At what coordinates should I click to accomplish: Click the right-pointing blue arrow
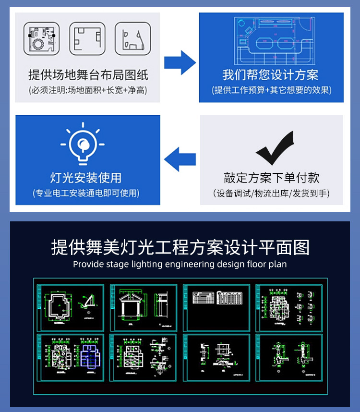tap(180, 62)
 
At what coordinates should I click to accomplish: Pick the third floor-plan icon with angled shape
tap(132, 38)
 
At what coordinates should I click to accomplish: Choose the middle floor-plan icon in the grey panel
tap(87, 38)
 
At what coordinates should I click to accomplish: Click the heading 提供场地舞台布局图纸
tap(88, 75)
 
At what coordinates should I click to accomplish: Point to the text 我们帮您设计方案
tap(271, 75)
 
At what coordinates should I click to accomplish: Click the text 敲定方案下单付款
tap(271, 178)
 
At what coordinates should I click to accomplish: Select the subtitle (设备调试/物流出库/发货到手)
tap(271, 194)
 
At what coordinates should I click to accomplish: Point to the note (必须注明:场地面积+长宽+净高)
tap(88, 90)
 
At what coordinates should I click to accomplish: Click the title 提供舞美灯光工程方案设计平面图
tap(180, 247)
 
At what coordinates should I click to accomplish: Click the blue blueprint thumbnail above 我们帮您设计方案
tap(271, 41)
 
